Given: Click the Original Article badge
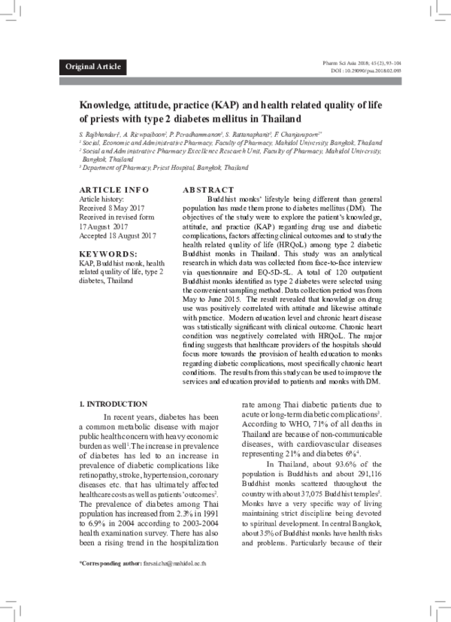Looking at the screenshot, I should pos(93,67).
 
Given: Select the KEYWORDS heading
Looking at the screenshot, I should pos(108,255).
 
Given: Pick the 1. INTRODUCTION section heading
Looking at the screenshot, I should pos(113,404).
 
